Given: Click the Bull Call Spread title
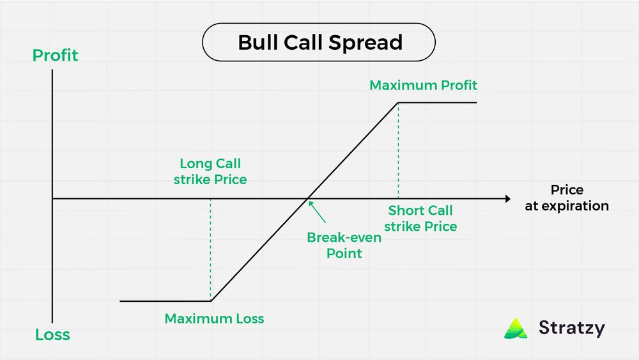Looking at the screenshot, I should pos(319,42).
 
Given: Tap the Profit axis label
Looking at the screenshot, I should pos(55,56).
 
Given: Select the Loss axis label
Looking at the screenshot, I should pos(52,335).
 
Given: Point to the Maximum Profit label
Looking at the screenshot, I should pos(423,85).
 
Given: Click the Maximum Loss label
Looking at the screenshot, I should pos(214,318).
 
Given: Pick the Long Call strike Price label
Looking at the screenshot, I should pos(210,171).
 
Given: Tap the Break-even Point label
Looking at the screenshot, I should pos(344,245).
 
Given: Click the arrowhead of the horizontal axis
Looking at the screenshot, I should pos(507,198).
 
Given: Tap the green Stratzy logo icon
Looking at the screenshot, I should pos(516,328).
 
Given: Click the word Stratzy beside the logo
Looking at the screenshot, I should pos(571,328).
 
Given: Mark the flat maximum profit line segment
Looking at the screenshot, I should pos(438,102).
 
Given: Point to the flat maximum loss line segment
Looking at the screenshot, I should pos(165,301).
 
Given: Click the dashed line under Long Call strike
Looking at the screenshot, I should pos(210,249).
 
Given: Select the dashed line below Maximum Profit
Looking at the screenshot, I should pos(398,150).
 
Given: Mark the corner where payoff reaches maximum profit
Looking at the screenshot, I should pos(398,102).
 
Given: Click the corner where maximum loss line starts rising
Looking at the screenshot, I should pos(211,301).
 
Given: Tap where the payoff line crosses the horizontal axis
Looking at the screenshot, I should pos(308,198).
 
